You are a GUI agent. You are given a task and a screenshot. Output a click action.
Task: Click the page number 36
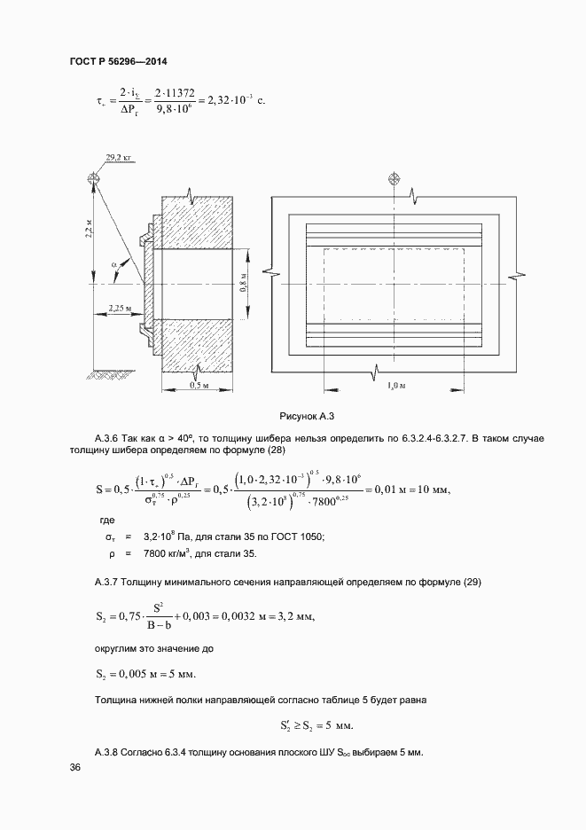[74, 768]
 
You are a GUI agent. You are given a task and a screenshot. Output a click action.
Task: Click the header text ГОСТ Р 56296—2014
[117, 62]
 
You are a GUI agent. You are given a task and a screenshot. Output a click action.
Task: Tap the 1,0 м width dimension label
[396, 386]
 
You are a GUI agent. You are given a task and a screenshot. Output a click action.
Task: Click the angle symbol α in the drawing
[114, 264]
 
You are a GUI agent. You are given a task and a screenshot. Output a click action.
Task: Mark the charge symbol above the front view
[395, 179]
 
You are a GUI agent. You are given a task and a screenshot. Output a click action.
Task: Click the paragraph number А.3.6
[107, 438]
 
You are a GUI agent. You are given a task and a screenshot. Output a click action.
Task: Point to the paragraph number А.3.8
[107, 752]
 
